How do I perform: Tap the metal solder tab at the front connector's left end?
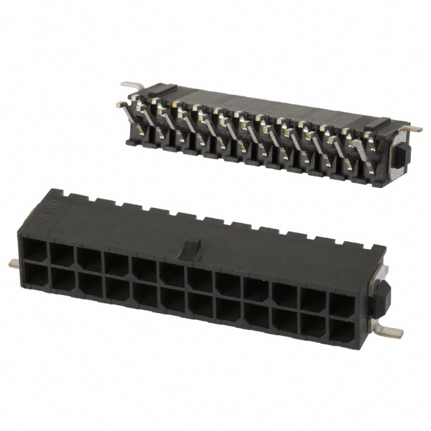pyautogui.click(x=15, y=263)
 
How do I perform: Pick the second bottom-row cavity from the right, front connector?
pyautogui.click(x=312, y=325)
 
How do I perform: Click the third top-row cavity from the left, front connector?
pyautogui.click(x=89, y=258)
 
